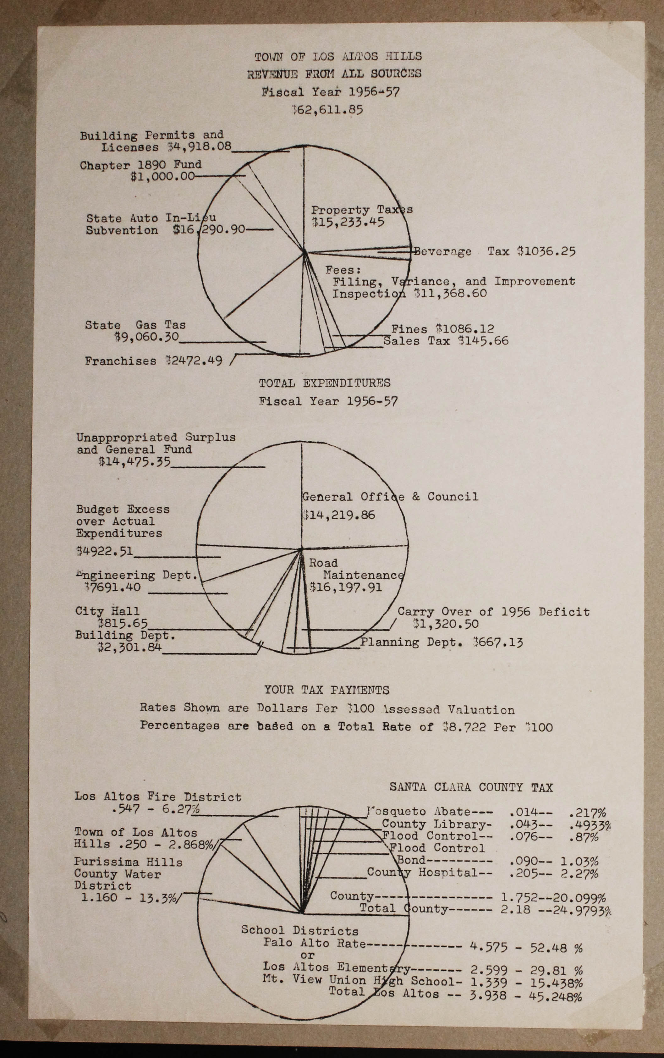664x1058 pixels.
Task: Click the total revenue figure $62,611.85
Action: [x=328, y=109]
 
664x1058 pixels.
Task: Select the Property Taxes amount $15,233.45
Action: [x=348, y=222]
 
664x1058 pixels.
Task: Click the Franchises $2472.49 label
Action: [x=154, y=361]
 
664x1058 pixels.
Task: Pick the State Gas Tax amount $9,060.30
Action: [x=146, y=337]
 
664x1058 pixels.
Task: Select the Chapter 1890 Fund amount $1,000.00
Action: [x=162, y=177]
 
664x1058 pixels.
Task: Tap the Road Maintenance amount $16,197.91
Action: [x=346, y=587]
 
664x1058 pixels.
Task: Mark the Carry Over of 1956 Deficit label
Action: [x=493, y=612]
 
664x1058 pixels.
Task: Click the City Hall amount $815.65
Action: [x=123, y=623]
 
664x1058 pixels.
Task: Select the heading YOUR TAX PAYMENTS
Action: [x=327, y=690]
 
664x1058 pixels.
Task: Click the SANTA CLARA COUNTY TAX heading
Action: [x=471, y=787]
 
